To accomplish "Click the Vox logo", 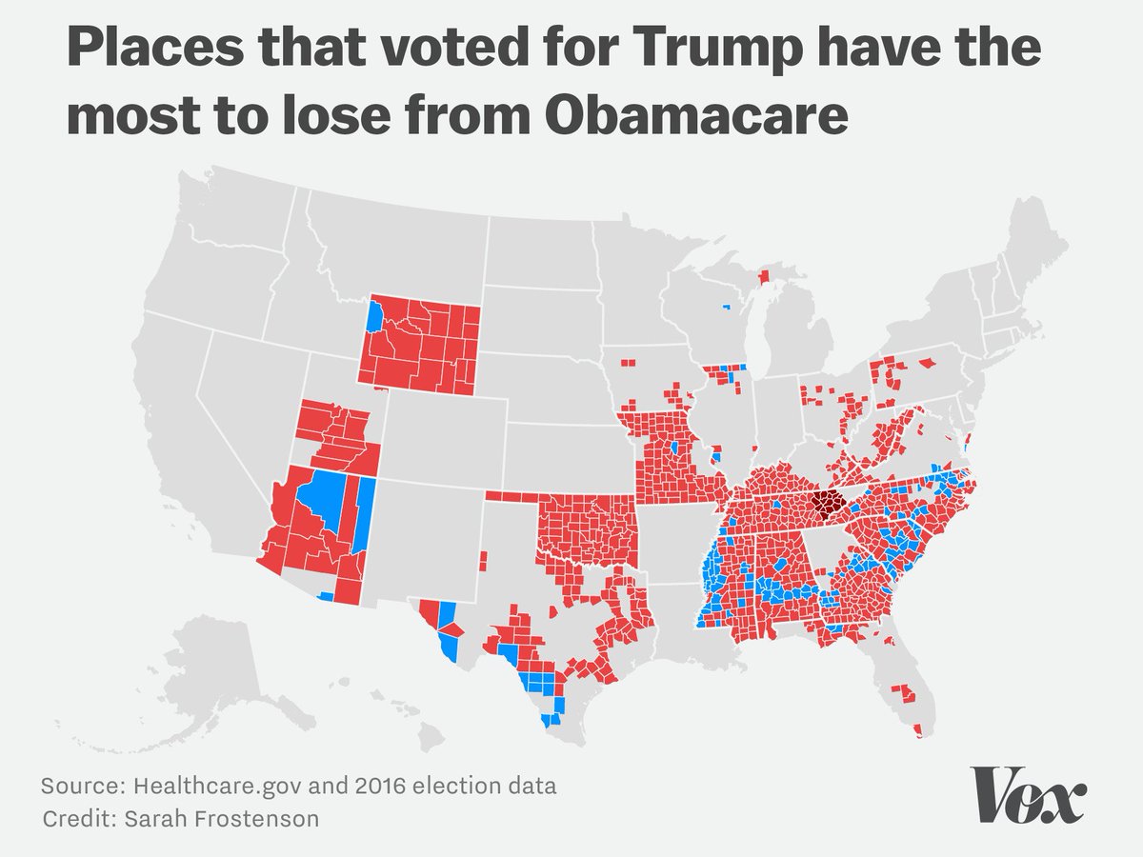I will [1027, 793].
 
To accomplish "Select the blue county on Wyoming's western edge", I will [374, 314].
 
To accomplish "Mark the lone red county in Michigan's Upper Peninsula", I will [762, 277].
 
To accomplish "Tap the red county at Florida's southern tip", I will [917, 730].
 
